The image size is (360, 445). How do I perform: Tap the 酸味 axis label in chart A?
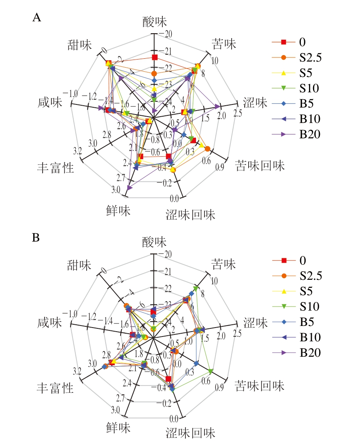point(154,22)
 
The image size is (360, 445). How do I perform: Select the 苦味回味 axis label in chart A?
point(260,166)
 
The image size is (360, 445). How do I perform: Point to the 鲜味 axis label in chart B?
point(119,428)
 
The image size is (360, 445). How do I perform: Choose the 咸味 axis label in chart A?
point(50,103)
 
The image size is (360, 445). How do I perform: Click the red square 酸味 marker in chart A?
point(154,57)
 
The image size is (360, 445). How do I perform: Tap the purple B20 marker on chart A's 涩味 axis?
point(218,106)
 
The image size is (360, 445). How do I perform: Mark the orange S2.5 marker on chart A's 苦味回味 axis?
point(207,149)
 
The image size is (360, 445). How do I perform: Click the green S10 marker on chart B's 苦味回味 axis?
point(211,371)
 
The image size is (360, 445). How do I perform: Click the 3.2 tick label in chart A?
point(78,151)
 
